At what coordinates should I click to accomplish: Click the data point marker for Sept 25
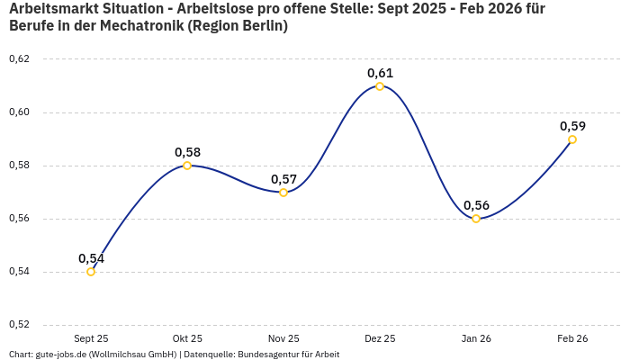coord(91,272)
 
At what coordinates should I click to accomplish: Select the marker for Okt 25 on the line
coord(187,166)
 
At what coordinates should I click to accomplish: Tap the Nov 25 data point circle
coord(283,192)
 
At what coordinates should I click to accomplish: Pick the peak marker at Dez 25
coord(380,86)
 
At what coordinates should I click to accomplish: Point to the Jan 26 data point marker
coord(476,219)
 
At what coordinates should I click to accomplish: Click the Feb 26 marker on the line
coord(572,139)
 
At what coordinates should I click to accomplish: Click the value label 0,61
coord(380,73)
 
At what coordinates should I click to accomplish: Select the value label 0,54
coord(91,258)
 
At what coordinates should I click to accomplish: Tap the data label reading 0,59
coord(572,126)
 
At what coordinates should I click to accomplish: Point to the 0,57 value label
coord(283,179)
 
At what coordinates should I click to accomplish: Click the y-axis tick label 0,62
coord(19,59)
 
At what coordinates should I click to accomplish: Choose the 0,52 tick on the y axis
coord(19,324)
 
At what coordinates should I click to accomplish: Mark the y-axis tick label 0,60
coord(19,112)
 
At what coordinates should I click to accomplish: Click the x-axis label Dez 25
coord(380,338)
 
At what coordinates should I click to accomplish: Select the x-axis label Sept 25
coord(91,338)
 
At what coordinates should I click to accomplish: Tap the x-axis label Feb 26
coord(572,338)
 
